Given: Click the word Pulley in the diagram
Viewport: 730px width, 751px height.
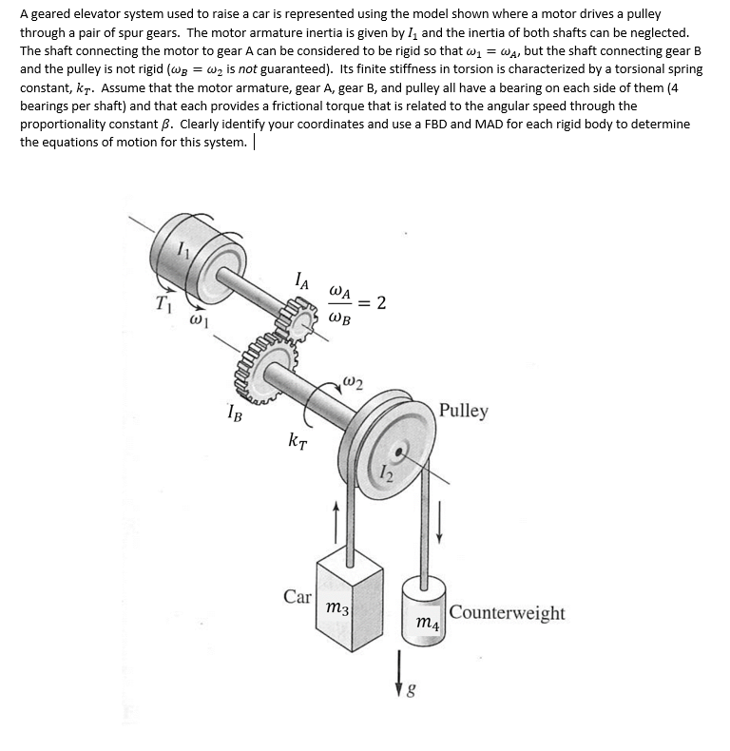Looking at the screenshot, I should click(464, 411).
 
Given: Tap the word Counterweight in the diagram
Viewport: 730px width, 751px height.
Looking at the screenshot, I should click(507, 613).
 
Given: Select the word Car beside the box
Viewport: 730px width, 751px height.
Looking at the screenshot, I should click(298, 596).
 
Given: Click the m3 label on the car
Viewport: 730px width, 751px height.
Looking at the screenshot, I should click(336, 607).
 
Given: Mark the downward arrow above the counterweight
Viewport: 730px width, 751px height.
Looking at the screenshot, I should click(438, 524).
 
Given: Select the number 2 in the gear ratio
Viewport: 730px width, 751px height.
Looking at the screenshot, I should click(381, 302).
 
